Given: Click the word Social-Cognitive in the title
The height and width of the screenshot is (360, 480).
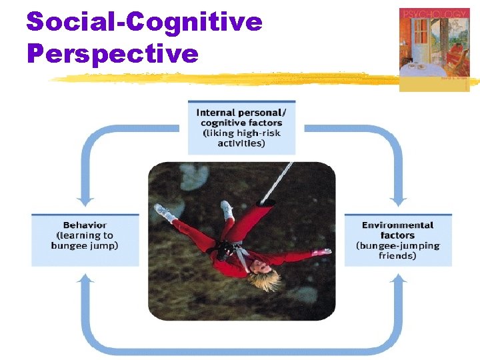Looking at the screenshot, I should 144,21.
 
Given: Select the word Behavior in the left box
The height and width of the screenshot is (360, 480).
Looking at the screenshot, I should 85,225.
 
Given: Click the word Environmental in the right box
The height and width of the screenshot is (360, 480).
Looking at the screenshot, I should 397,225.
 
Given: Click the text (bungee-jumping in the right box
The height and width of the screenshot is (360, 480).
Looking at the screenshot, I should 397,245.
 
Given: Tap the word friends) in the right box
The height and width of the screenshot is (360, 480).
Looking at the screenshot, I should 397,255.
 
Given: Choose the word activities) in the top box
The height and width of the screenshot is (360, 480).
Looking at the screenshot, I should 241,143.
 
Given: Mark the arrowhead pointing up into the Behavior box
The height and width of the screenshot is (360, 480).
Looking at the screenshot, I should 85,279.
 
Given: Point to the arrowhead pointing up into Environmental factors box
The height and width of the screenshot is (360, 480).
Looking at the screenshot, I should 398,279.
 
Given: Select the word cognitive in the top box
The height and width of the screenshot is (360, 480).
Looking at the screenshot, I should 227,123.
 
